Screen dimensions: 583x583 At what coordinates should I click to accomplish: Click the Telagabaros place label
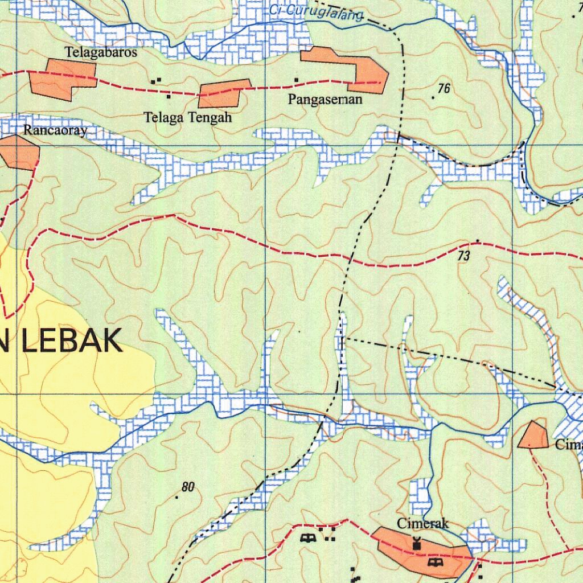101,52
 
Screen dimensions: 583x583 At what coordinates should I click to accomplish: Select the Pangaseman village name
325,100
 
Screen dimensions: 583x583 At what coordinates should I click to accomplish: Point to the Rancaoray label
55,130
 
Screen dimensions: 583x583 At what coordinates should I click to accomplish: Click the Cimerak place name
423,523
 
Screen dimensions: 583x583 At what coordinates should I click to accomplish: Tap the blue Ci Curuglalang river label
317,12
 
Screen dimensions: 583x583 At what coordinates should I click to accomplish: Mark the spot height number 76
444,88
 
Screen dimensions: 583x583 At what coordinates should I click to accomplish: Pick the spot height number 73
463,257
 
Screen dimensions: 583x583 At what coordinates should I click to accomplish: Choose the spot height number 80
188,487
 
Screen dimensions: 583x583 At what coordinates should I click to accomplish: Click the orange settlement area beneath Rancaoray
19,153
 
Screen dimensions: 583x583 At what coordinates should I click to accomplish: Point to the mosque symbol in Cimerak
417,544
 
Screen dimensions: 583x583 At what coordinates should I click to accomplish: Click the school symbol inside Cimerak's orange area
436,562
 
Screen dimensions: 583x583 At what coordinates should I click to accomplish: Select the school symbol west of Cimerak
309,537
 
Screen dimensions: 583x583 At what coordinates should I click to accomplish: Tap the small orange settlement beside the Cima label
534,436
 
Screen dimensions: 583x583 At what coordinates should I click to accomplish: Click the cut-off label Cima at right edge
568,445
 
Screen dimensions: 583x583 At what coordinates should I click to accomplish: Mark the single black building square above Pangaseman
296,79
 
